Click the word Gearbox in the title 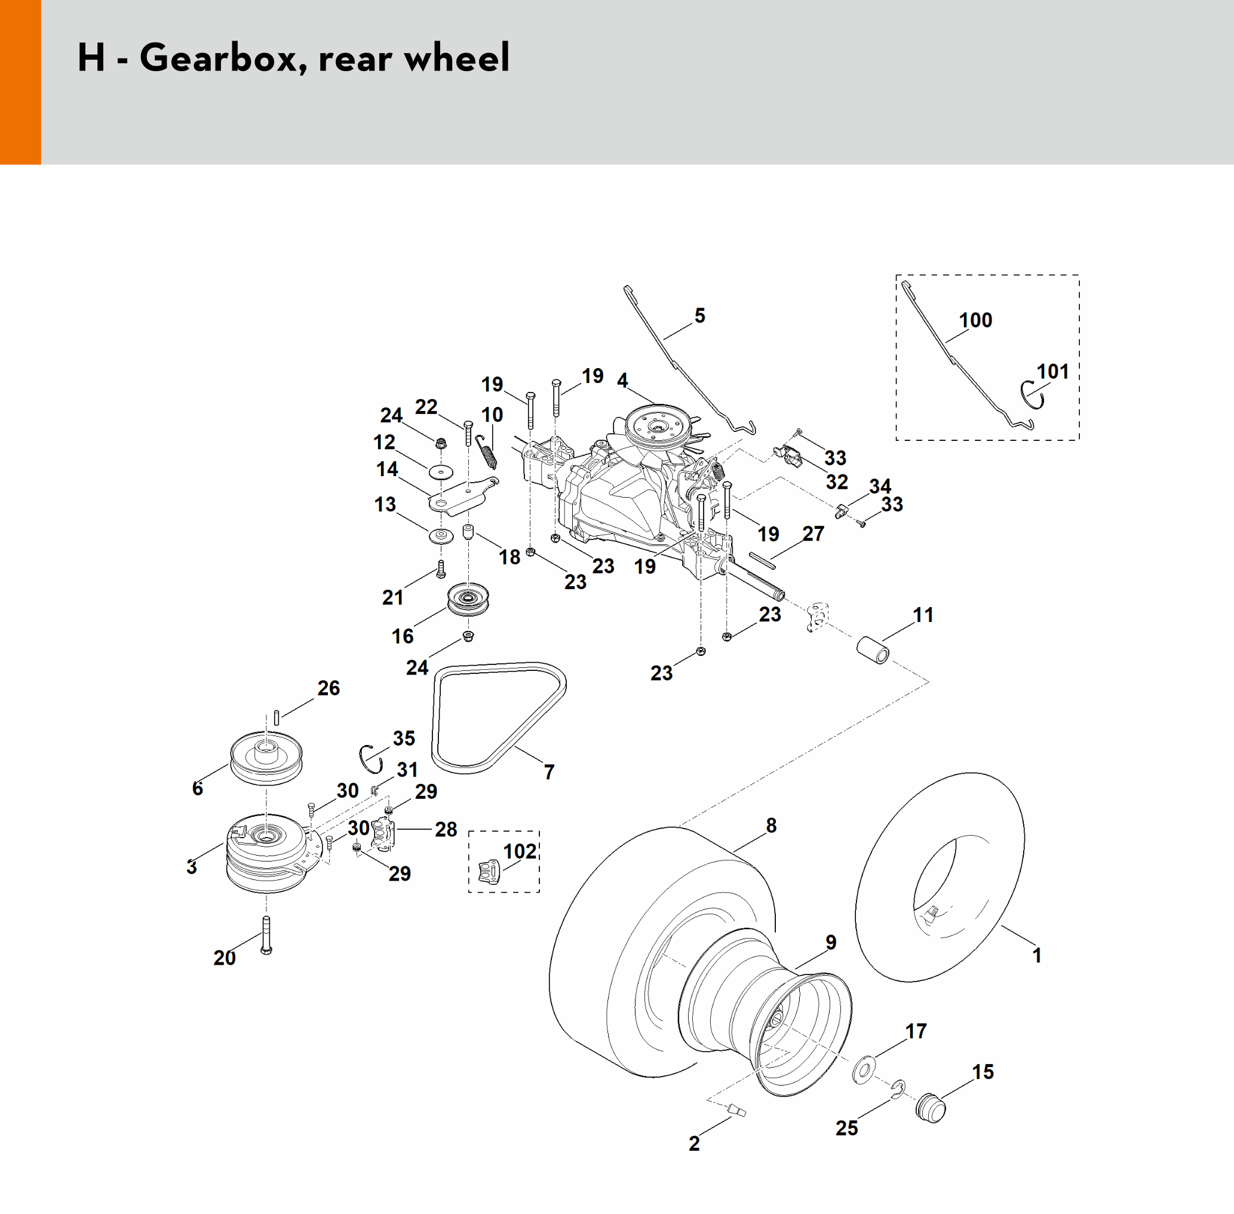[219, 59]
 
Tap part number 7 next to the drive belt [549, 772]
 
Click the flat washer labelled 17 [864, 1069]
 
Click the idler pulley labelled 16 [468, 599]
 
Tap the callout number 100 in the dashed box [975, 320]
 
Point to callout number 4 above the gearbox [623, 381]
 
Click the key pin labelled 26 [277, 718]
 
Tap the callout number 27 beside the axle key [814, 534]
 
